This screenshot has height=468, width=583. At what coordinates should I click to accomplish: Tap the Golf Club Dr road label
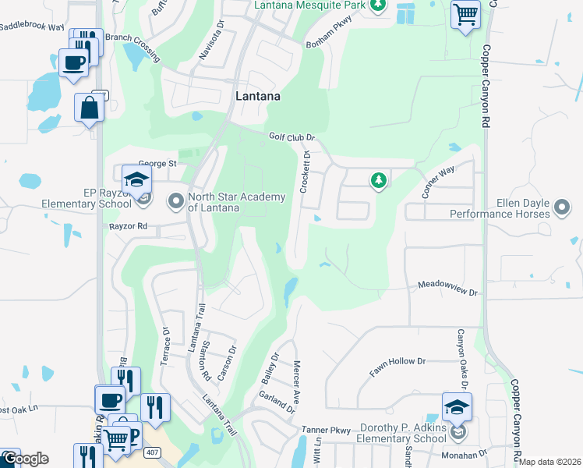291,136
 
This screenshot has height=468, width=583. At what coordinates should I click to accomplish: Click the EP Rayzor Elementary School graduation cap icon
136,179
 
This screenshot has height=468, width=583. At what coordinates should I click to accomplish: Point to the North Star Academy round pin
175,202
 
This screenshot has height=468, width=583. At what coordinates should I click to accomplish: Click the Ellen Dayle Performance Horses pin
562,207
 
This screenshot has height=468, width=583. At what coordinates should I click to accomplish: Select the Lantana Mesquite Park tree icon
377,5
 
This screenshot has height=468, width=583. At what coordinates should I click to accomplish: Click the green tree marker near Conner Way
378,181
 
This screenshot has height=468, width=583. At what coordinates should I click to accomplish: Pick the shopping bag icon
89,108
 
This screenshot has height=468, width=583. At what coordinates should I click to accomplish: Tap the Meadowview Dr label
448,289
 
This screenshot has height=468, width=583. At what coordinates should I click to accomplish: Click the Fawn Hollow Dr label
398,367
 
